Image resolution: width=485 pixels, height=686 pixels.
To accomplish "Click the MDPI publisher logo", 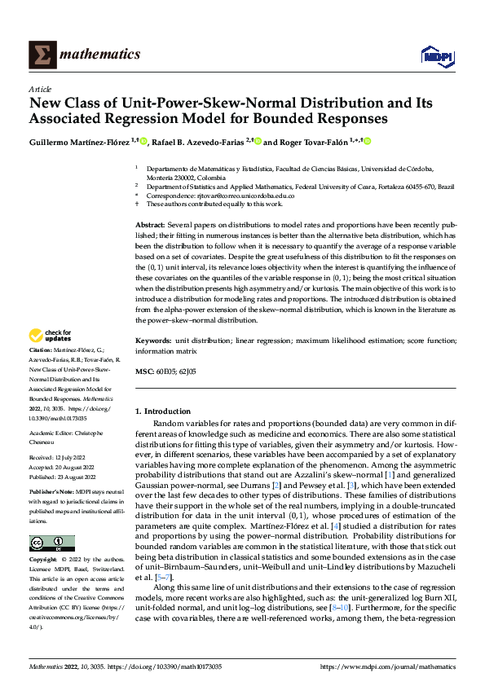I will (436, 55).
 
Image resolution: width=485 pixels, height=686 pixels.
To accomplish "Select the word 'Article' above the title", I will (40, 89).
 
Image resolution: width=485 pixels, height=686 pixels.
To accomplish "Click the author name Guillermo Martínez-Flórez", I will (84, 142).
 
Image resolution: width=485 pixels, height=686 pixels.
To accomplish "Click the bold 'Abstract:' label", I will (151, 223).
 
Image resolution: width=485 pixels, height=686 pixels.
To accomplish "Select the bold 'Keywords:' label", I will (153, 340).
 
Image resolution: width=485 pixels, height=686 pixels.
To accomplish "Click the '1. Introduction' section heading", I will (163, 412).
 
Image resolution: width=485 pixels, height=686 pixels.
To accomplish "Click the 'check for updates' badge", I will (50, 335).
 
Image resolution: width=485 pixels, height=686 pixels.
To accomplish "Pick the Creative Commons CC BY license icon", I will (51, 543).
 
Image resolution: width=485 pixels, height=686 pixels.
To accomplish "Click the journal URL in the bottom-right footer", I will (388, 667).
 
